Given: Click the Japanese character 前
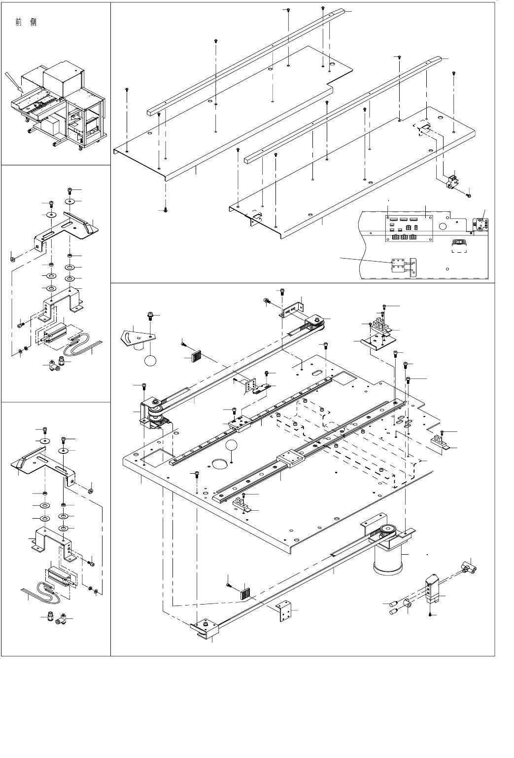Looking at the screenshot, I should point(19,23).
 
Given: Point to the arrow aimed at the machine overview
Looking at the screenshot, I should point(14,82).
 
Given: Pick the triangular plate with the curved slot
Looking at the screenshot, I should point(137,338).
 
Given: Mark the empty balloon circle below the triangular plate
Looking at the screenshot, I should point(151,360).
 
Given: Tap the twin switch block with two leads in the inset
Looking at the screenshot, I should point(401,266).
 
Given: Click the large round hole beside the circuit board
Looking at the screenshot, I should point(443,227).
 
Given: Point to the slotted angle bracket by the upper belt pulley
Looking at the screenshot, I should point(291,310).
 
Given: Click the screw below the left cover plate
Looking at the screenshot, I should point(166,210).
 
